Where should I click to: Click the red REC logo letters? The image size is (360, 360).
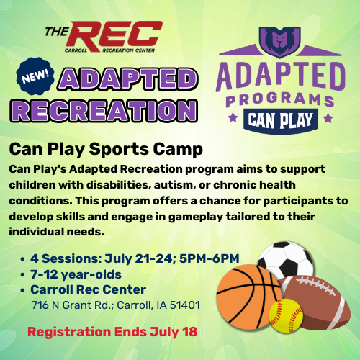tap(115, 36)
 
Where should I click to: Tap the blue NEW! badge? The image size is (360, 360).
tap(35, 76)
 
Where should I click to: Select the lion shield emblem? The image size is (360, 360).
tap(280, 42)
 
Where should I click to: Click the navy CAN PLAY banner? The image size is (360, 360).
tap(280, 120)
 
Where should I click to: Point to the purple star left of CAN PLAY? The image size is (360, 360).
tap(233, 118)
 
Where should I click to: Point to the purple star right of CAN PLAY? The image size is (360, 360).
tap(328, 118)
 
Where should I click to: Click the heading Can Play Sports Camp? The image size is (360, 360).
tap(106, 149)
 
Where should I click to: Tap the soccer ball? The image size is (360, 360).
tap(286, 261)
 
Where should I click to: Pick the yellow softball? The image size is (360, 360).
tap(286, 315)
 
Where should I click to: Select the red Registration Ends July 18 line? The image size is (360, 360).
tap(112, 332)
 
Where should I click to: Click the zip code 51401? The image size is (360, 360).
tap(185, 305)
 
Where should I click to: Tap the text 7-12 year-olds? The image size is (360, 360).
tap(76, 274)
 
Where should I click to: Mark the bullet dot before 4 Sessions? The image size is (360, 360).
tap(23, 259)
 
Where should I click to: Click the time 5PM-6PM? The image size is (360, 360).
tap(209, 258)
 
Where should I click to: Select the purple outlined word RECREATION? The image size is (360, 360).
tap(104, 111)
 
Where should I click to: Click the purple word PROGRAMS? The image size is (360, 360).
tap(280, 99)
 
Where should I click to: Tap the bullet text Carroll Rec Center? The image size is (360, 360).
tap(88, 289)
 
